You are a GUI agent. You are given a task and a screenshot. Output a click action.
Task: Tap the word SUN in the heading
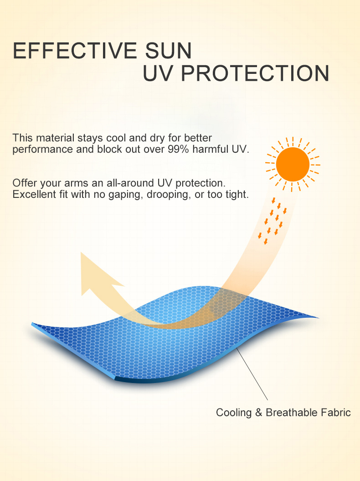pyautogui.click(x=168, y=51)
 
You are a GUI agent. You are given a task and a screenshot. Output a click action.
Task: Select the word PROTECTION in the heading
pyautogui.click(x=255, y=73)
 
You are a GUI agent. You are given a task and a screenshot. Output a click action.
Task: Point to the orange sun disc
pyautogui.click(x=293, y=165)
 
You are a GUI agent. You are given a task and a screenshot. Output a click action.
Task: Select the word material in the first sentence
pyautogui.click(x=55, y=138)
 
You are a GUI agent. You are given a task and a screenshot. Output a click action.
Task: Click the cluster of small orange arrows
pyautogui.click(x=273, y=221)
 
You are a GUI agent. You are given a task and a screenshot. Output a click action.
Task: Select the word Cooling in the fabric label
pyautogui.click(x=234, y=413)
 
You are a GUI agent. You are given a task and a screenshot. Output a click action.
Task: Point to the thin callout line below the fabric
pyautogui.click(x=252, y=374)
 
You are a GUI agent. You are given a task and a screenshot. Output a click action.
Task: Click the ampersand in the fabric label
pyautogui.click(x=258, y=412)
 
